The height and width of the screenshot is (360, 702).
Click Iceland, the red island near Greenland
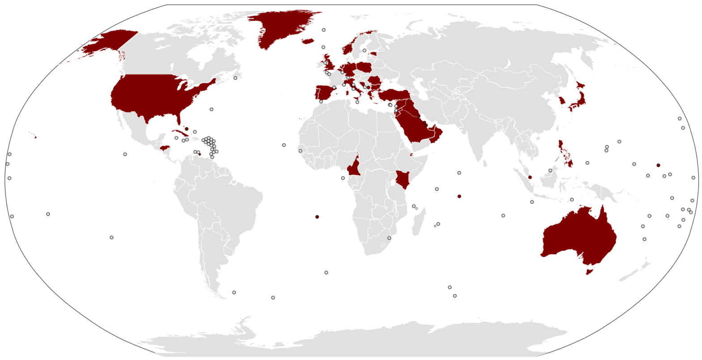tap(308, 41)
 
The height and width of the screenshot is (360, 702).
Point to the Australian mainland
tap(578, 237)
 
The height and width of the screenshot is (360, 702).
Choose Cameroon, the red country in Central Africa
tap(354, 168)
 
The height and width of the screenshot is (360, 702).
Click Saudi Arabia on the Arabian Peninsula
tap(414, 123)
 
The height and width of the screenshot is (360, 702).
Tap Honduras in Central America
tap(165, 148)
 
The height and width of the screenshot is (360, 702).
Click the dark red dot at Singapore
tap(530, 177)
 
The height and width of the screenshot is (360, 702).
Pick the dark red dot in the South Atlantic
tap(317, 217)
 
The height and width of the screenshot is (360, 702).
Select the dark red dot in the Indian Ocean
tap(459, 196)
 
